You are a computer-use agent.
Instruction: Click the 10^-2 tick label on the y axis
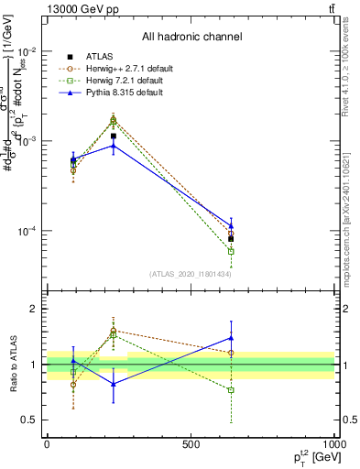coord(28,51)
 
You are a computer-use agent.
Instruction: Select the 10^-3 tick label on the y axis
coord(28,141)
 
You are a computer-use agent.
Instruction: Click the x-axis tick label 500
coord(191,443)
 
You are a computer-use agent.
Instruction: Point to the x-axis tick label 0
coord(47,443)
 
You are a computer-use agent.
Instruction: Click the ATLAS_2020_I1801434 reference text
coord(191,274)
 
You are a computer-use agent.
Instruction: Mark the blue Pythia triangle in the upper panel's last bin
coord(231,225)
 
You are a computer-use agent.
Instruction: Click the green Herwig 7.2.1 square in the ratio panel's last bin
coord(231,390)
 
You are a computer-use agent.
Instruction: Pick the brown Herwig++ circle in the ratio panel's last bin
coord(231,353)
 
